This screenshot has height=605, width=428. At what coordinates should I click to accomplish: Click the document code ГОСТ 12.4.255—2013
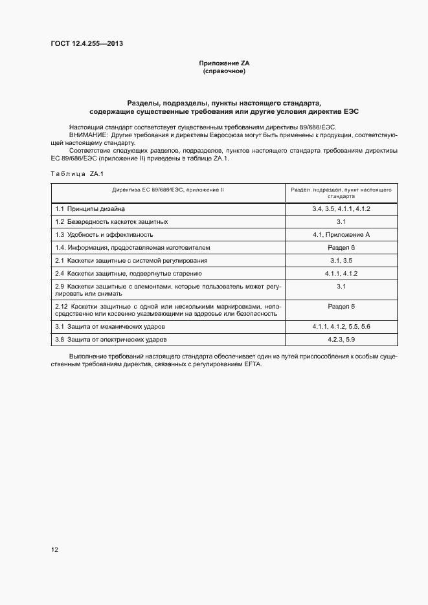87,44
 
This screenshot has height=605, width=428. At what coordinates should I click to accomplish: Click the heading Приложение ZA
224,63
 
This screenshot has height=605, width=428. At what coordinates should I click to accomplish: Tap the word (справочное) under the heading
224,71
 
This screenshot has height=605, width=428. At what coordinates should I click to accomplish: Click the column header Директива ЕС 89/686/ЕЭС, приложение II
168,190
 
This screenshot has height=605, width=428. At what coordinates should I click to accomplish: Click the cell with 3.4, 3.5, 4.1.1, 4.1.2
341,209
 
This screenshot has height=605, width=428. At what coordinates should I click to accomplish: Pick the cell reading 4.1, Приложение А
341,234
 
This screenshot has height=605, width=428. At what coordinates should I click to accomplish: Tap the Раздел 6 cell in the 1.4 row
341,247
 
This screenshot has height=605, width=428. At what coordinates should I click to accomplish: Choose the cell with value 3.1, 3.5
341,260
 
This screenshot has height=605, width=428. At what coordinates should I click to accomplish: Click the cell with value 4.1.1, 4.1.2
341,273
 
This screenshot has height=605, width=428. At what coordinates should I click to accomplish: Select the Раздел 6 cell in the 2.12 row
341,305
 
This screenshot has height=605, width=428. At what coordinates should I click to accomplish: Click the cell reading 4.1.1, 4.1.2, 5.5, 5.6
341,326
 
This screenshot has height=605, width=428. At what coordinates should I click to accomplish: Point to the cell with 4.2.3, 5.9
341,339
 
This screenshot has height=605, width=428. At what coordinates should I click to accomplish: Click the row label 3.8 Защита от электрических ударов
111,339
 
